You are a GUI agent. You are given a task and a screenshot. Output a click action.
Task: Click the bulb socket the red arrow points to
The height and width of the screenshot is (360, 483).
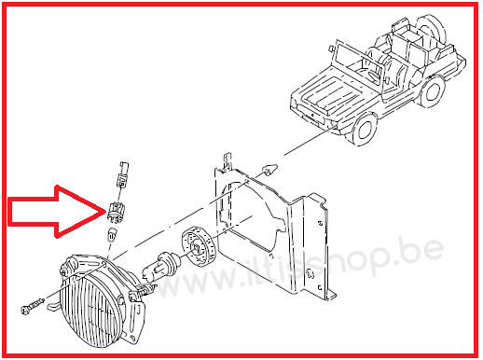pos(116,213)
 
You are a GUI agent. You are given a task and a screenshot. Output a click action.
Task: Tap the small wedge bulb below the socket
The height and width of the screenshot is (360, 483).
pos(112,234)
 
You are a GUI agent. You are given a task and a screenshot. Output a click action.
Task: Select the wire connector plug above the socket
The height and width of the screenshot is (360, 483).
pos(123,174)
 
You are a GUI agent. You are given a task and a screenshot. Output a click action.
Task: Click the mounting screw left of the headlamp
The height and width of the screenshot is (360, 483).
pos(32,305)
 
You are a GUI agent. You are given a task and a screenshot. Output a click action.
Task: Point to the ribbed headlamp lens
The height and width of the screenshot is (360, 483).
pos(92,311)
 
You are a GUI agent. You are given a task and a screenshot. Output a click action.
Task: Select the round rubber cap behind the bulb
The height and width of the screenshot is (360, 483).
pos(198,246)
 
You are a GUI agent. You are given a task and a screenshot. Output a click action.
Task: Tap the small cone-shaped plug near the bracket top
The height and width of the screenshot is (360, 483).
pos(269,169)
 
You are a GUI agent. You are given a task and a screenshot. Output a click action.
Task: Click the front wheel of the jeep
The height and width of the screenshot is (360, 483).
pos(365,129)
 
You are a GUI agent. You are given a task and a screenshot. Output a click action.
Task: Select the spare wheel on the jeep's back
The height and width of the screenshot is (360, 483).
pos(431,29)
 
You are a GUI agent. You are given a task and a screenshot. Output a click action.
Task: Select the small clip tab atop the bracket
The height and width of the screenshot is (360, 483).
pos(228,160)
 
